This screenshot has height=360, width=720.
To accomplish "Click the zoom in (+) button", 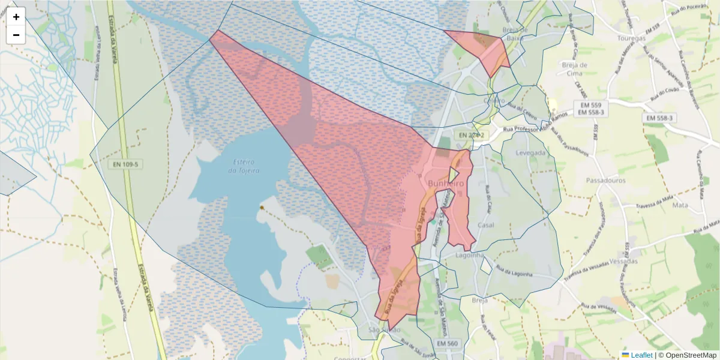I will (x=16, y=17).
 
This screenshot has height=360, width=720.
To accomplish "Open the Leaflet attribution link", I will (x=641, y=355).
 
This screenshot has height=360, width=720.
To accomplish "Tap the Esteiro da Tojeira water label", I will (x=244, y=166).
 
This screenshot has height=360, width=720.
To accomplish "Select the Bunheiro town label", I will (x=445, y=183).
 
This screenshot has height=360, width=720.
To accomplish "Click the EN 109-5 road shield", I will (x=125, y=164).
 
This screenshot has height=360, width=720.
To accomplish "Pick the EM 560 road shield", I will (x=448, y=343).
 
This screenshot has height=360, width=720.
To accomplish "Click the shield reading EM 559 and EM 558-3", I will (x=591, y=109).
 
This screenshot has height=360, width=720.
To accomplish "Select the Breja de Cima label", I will (x=575, y=69).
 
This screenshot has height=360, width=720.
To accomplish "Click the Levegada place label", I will (x=531, y=153).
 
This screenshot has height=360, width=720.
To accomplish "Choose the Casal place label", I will (x=485, y=224).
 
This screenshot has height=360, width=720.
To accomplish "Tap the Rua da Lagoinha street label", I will (x=514, y=271).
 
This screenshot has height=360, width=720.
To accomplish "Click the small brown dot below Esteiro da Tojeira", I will (x=262, y=208).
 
